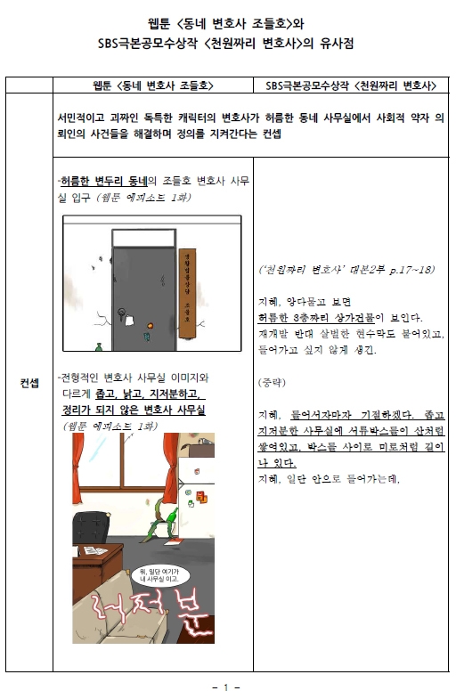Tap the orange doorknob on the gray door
(151, 326)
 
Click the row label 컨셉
(29, 383)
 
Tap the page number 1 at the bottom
(227, 687)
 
